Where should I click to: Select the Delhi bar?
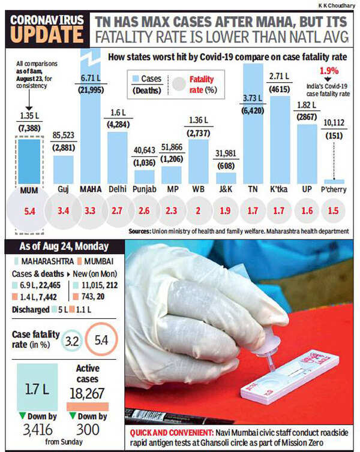(x=118, y=157)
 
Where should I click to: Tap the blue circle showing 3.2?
(x=72, y=342)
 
